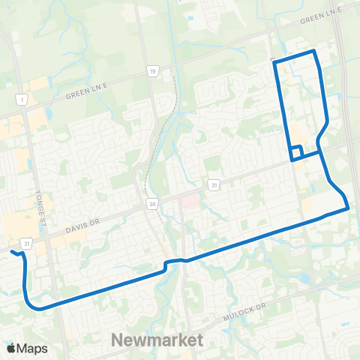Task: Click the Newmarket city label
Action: [157, 340]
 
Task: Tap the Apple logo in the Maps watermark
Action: [12, 347]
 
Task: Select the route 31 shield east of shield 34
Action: [214, 184]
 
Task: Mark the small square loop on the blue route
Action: [296, 153]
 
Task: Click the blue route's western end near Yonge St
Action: [12, 253]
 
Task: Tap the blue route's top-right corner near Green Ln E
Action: [314, 51]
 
